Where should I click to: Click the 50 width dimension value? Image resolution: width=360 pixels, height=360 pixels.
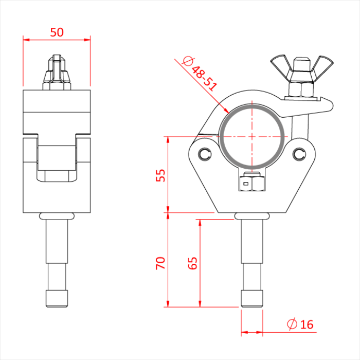pyautogui.click(x=57, y=32)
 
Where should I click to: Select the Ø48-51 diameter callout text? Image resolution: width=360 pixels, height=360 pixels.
pyautogui.click(x=201, y=75)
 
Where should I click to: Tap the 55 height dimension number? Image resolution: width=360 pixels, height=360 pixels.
pyautogui.click(x=160, y=175)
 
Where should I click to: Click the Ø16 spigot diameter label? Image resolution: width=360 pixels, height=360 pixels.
pyautogui.click(x=300, y=324)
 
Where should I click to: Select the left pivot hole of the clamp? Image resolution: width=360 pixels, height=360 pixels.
pyautogui.click(x=205, y=154)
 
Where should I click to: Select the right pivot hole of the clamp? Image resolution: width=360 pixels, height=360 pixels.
pyautogui.click(x=300, y=153)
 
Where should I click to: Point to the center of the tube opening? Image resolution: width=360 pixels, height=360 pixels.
pyautogui.click(x=252, y=136)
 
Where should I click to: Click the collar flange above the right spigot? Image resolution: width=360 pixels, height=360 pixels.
pyautogui.click(x=252, y=215)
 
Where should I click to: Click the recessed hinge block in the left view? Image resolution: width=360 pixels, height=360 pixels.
pyautogui.click(x=57, y=162)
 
